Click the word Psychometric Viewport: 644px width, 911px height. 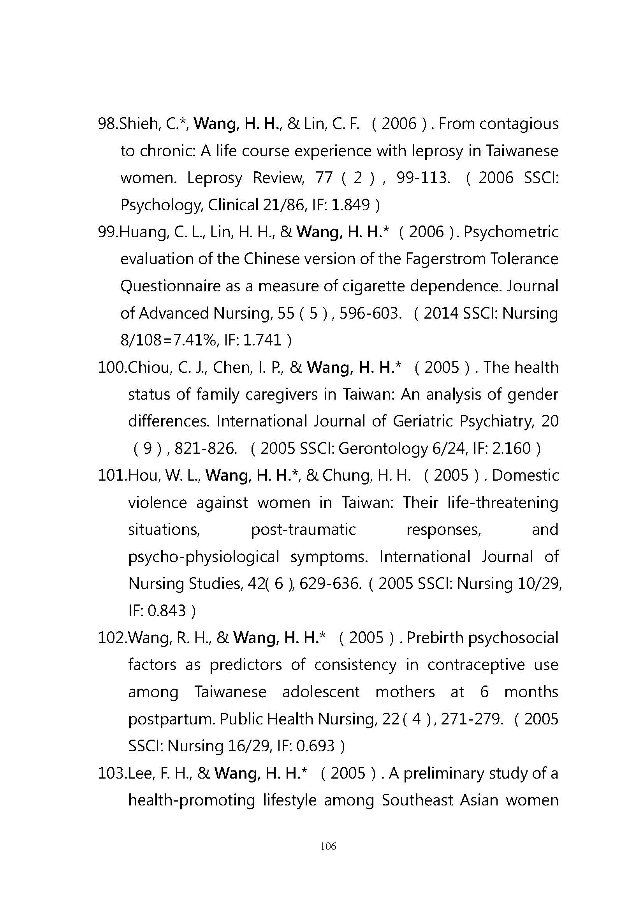511,232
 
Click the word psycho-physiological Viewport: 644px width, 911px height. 203,557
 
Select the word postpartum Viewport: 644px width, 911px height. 171,719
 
